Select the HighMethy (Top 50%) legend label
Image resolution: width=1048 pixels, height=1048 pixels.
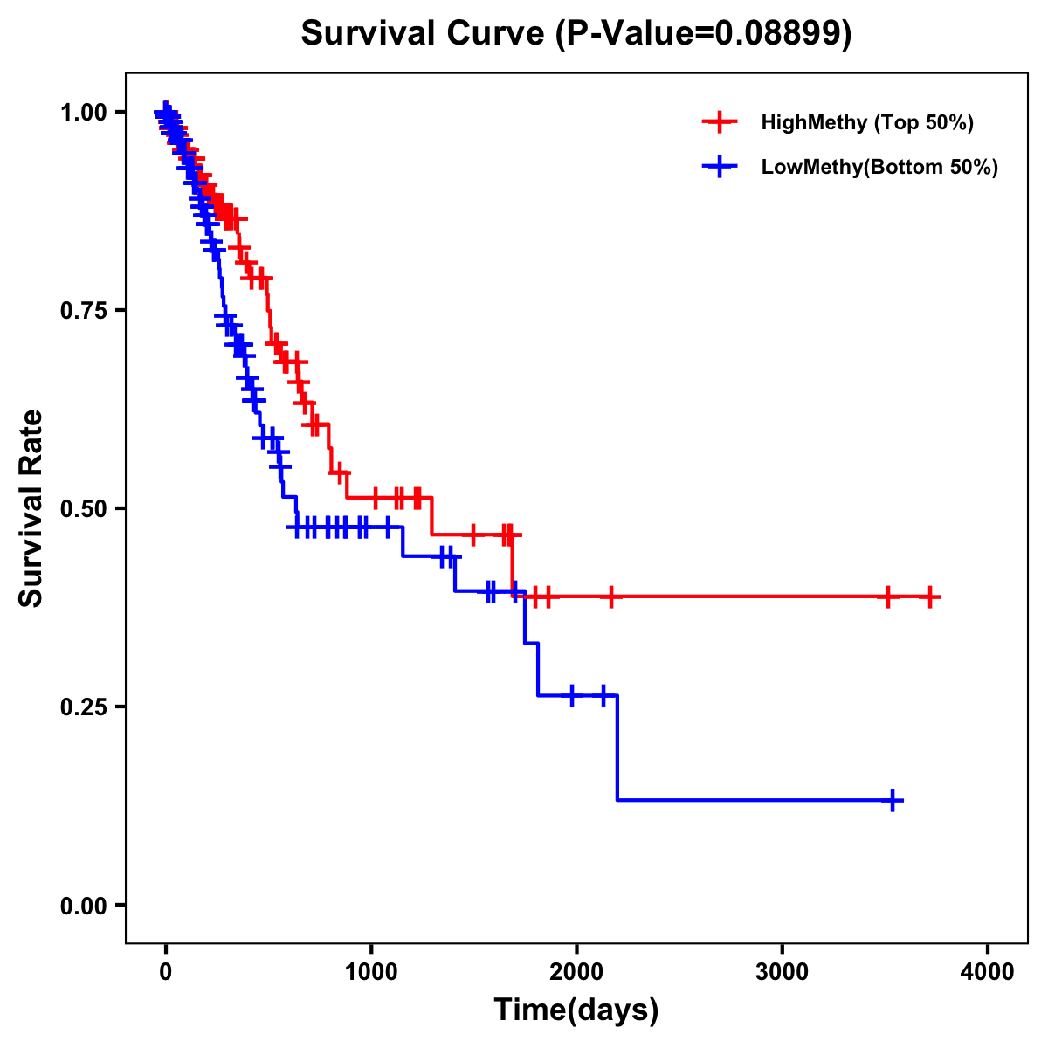tap(866, 122)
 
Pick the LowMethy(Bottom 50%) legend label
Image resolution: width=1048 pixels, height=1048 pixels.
tap(879, 167)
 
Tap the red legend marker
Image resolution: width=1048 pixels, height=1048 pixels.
tap(720, 122)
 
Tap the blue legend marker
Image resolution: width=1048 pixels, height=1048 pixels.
tap(720, 167)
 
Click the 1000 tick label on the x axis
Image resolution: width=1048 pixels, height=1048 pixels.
tap(371, 972)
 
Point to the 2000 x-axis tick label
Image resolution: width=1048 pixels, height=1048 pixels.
tap(576, 972)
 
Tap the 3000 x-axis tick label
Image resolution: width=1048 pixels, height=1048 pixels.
tap(783, 972)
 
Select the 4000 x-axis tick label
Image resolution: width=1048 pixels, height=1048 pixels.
tap(988, 972)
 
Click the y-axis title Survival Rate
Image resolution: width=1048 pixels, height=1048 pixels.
tap(31, 508)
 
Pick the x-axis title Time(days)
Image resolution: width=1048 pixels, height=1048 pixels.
tap(576, 1010)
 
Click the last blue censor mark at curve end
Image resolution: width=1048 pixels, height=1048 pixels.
tap(893, 800)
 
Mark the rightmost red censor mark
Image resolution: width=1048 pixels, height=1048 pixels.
tap(931, 597)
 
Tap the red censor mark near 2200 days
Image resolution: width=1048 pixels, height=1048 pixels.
tap(611, 597)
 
